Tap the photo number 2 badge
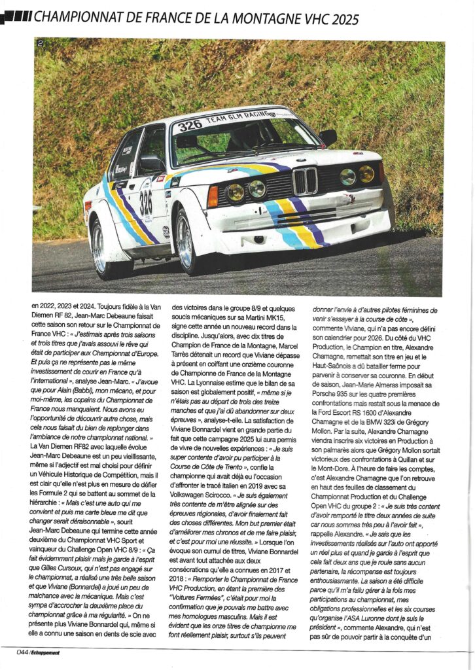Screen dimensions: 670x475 point(41,44)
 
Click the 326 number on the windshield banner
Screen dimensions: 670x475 point(190,125)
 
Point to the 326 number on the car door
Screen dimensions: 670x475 point(145,203)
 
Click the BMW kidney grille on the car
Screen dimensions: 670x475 point(305,181)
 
